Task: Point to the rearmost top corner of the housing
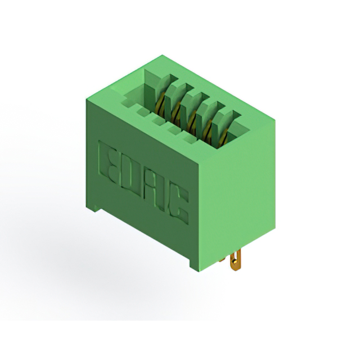(163, 55)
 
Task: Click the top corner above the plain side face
(275, 119)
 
